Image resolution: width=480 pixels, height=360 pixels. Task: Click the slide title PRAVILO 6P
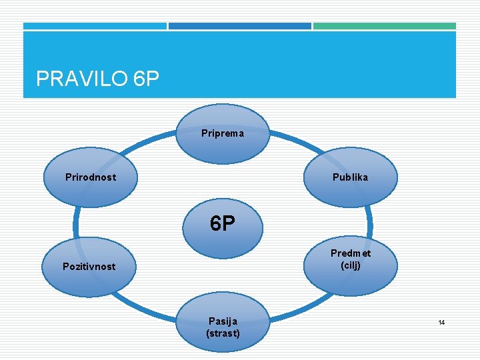click(x=98, y=79)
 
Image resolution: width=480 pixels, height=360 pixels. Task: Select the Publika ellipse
click(x=350, y=177)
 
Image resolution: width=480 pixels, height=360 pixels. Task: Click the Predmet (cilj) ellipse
click(x=351, y=260)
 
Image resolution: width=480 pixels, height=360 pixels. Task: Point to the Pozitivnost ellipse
click(x=89, y=267)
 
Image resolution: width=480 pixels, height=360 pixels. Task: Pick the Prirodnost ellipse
click(x=90, y=177)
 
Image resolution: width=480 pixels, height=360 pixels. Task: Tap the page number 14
click(x=441, y=323)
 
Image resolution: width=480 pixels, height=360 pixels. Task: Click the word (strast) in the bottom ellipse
click(x=223, y=333)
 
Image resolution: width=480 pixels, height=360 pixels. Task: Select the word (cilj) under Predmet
click(x=351, y=265)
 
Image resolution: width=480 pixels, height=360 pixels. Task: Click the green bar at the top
click(x=385, y=26)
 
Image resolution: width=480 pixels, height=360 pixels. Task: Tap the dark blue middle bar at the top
click(x=239, y=26)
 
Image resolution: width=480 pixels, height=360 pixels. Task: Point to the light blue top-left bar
click(x=95, y=26)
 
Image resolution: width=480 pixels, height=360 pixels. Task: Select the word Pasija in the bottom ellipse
click(x=223, y=321)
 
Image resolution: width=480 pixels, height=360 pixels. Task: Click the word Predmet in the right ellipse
click(x=351, y=253)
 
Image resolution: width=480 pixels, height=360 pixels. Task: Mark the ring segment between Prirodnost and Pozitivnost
click(x=76, y=222)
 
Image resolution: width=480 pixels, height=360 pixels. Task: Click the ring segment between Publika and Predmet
click(x=370, y=222)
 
